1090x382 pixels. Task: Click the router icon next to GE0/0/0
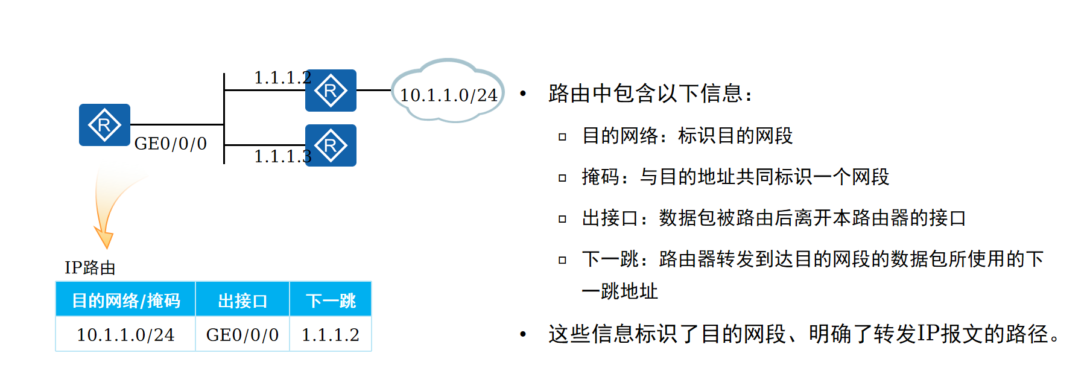pyautogui.click(x=104, y=125)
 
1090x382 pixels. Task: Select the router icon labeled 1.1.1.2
pyautogui.click(x=331, y=91)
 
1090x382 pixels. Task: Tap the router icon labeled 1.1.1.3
pyautogui.click(x=331, y=145)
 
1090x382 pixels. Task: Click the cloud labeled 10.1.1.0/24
pyautogui.click(x=448, y=92)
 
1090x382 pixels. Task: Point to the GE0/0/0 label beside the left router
pyautogui.click(x=170, y=144)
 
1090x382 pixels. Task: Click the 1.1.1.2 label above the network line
pyautogui.click(x=282, y=78)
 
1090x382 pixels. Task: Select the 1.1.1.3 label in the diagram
pyautogui.click(x=282, y=156)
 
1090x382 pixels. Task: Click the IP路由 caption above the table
pyautogui.click(x=90, y=268)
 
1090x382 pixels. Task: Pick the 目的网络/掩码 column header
pyautogui.click(x=125, y=300)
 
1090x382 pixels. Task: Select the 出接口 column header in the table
pyautogui.click(x=242, y=300)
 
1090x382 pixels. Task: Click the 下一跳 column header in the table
pyautogui.click(x=331, y=300)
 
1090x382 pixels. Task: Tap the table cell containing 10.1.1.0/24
pyautogui.click(x=125, y=335)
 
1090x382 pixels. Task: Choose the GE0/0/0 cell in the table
pyautogui.click(x=242, y=335)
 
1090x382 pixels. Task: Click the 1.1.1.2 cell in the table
pyautogui.click(x=331, y=335)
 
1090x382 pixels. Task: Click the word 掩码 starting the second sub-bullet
pyautogui.click(x=601, y=177)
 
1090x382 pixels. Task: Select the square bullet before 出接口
pyautogui.click(x=562, y=219)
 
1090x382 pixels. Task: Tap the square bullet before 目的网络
pyautogui.click(x=562, y=137)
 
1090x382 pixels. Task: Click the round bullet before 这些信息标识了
pyautogui.click(x=523, y=334)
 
